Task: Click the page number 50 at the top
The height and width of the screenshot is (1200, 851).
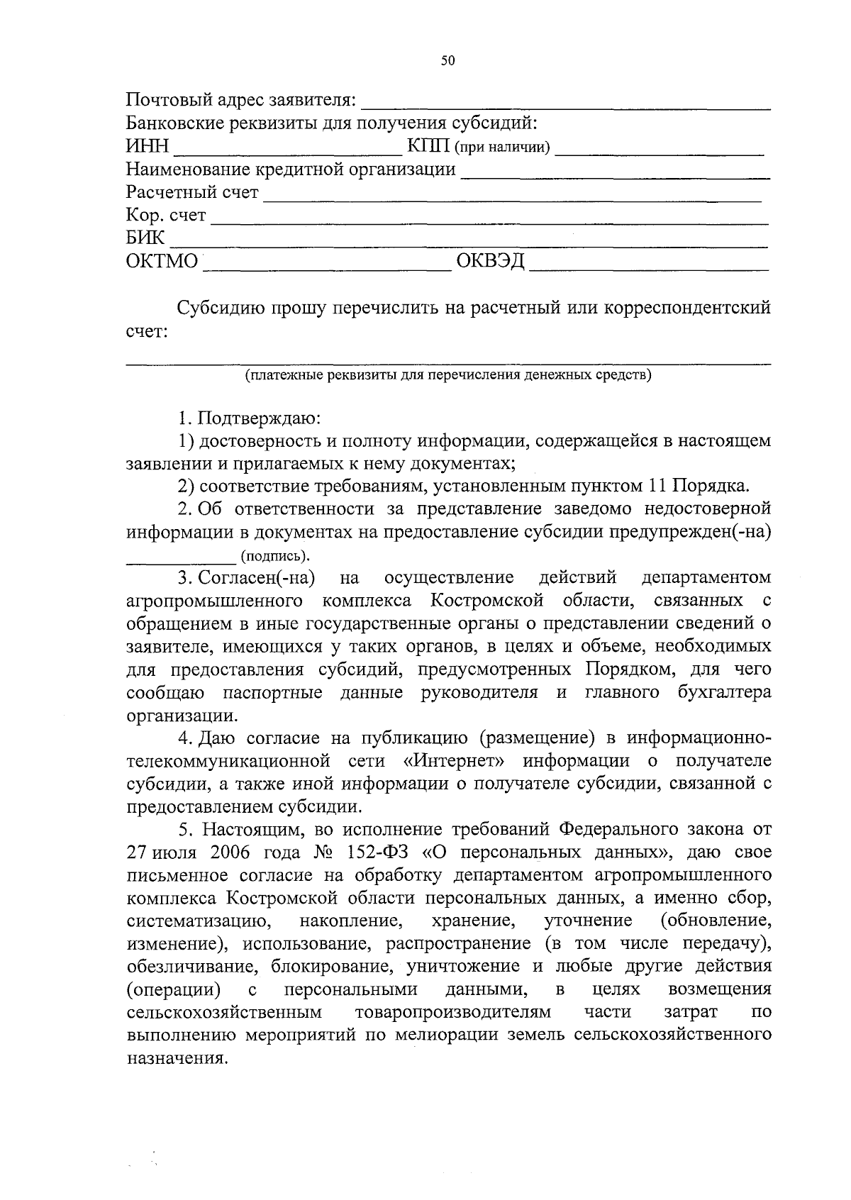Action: [447, 61]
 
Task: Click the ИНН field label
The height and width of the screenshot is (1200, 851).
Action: [148, 147]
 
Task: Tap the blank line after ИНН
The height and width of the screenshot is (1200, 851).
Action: [287, 150]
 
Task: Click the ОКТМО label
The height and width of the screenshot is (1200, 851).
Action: [162, 262]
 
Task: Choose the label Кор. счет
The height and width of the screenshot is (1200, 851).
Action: [166, 215]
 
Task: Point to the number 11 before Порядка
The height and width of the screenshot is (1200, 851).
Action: [657, 487]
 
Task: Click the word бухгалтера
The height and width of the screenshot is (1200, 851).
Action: [724, 692]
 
